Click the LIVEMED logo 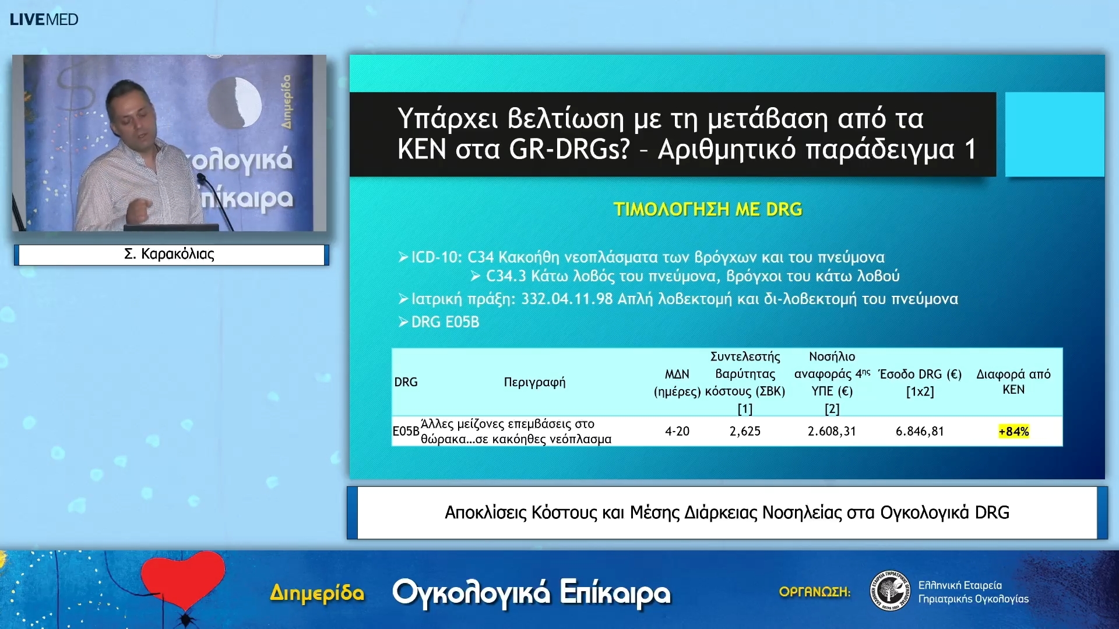44,19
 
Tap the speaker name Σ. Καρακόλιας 169,254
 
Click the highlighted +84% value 1014,432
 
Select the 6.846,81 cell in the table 919,432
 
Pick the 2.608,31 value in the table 832,432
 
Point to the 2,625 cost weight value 745,432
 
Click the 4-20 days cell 677,432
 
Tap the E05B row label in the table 406,432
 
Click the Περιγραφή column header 534,382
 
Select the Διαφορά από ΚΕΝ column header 1014,381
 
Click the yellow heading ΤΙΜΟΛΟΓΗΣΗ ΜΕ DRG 708,209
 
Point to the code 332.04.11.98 566,299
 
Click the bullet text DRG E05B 445,322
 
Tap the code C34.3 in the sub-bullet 506,276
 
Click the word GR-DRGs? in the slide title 569,149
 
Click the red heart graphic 182,579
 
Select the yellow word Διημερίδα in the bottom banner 317,593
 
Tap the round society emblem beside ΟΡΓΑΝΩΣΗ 890,591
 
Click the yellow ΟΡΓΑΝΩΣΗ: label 814,592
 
